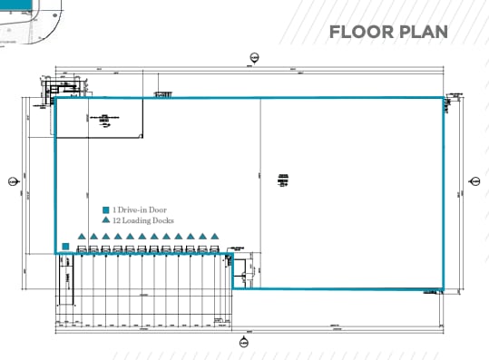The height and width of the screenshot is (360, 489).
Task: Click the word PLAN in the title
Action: coord(425,33)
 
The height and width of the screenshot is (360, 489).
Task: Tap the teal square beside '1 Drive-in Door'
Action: coord(106,209)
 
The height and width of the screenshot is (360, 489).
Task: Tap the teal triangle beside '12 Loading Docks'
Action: coord(106,220)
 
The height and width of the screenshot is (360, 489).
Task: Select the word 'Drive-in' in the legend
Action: coord(132,209)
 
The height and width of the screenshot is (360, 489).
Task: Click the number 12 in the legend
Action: coord(117,220)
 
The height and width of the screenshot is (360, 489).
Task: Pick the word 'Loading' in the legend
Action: coord(137,220)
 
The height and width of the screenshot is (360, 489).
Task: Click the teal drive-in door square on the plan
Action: coord(66,245)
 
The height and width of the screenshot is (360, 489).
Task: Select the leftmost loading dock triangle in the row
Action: coord(82,238)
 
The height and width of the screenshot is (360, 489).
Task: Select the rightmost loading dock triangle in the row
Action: coord(214,238)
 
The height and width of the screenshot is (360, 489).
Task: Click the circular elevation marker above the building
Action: coord(253,58)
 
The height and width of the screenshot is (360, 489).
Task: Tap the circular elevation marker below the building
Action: coord(242,343)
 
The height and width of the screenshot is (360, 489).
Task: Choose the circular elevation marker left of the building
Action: coord(13,181)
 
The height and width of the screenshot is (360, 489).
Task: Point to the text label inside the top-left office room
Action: coord(105,117)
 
